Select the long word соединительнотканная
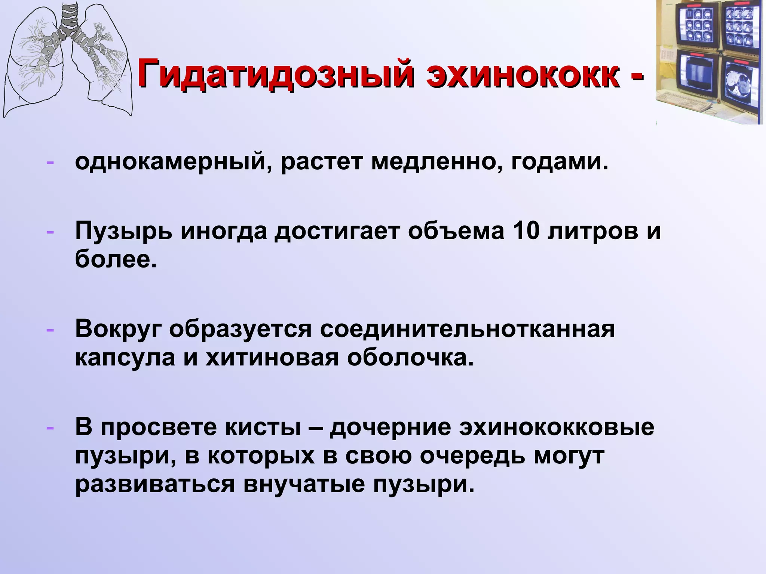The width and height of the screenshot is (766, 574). (x=467, y=329)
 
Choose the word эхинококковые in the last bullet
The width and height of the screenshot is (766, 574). (x=557, y=428)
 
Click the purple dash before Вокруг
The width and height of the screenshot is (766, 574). (x=50, y=330)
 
